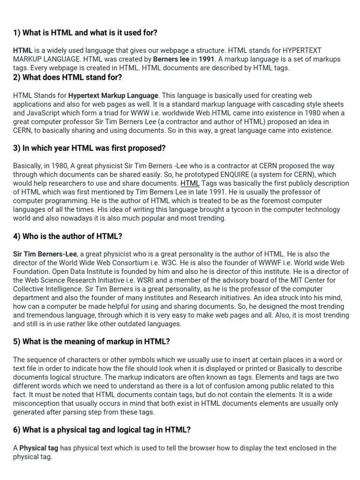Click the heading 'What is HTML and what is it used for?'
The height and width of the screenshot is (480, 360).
85,33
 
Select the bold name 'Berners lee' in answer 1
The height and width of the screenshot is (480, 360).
172,59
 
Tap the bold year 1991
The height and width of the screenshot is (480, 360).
207,59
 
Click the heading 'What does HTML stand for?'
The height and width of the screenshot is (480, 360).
67,77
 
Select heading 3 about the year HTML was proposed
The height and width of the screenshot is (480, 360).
89,148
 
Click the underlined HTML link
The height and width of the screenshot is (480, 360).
190,184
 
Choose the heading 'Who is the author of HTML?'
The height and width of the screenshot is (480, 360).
67,236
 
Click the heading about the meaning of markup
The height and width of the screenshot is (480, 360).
91,342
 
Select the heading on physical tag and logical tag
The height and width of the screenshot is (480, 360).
102,430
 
